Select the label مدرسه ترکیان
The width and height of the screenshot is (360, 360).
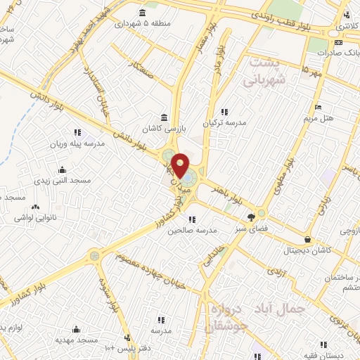[225, 122]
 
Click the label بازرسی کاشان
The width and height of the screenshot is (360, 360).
[164, 130]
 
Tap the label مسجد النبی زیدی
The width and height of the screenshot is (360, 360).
[64, 181]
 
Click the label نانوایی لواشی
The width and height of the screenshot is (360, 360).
[39, 219]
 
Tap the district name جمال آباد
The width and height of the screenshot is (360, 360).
[297, 309]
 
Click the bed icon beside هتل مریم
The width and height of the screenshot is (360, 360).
[319, 107]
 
